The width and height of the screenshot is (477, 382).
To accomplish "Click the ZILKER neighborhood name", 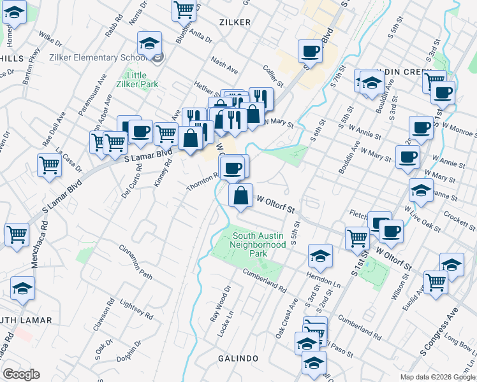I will coord(235,22).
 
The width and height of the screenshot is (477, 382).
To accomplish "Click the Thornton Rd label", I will coord(203,182).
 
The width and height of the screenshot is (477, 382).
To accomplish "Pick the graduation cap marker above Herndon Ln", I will coord(320,256).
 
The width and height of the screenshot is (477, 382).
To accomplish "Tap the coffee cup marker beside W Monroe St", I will coord(421,127).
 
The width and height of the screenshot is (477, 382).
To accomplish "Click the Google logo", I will coord(21,374).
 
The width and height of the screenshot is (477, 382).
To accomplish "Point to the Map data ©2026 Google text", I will coord(437,377).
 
